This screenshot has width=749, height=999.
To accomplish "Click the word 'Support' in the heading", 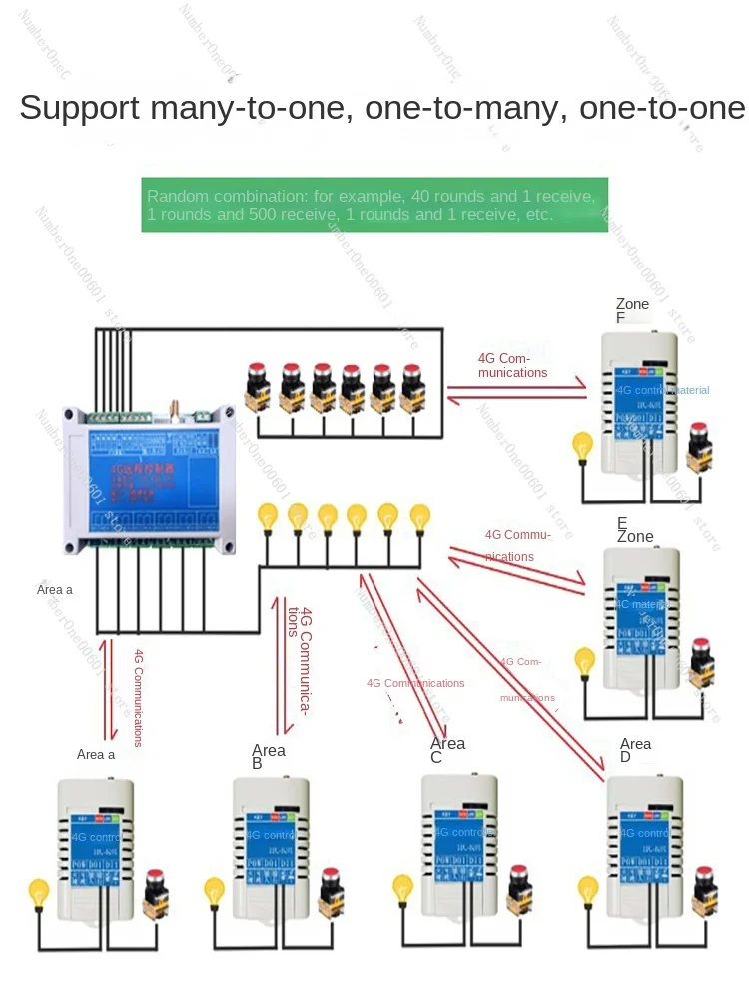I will (80, 108).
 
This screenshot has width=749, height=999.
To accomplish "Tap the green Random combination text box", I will (374, 206).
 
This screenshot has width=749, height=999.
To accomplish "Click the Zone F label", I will (632, 311).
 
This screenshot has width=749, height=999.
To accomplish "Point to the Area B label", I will (269, 757).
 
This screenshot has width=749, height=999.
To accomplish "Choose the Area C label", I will (447, 750).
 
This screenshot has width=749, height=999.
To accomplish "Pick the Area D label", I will (635, 750).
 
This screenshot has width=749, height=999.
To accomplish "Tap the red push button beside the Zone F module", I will (700, 444).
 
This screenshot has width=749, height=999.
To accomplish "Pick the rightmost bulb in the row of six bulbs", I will (420, 517).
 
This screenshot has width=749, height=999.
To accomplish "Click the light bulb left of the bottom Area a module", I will (39, 890).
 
